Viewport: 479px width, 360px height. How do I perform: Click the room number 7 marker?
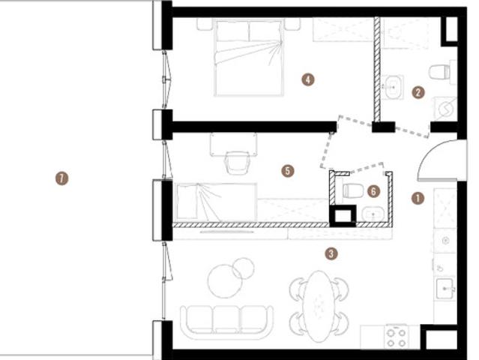click(x=61, y=178)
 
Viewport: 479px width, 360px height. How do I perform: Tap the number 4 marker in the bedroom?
click(x=308, y=79)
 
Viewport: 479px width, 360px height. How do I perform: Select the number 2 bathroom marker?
click(x=418, y=92)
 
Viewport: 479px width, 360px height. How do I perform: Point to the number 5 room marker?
click(x=288, y=171)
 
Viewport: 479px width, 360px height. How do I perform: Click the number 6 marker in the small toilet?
click(x=373, y=191)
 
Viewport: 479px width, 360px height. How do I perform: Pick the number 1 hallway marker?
click(x=418, y=198)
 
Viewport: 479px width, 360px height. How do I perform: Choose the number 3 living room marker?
click(x=331, y=253)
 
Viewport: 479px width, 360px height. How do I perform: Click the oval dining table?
click(x=319, y=306)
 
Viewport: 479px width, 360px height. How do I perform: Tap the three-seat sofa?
click(x=226, y=322)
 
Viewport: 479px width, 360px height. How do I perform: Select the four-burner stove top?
click(x=397, y=337)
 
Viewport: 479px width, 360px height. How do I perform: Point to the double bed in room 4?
click(x=250, y=58)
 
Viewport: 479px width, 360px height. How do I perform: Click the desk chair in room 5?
click(x=237, y=163)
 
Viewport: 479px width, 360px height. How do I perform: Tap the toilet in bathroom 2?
click(x=440, y=72)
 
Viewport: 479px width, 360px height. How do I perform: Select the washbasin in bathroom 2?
click(x=393, y=88)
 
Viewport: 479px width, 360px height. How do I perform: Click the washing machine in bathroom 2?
click(x=445, y=108)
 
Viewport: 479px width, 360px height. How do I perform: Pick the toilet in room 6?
click(x=353, y=191)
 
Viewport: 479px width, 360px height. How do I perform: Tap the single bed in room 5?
click(x=216, y=202)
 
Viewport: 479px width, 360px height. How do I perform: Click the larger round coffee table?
click(x=226, y=281)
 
